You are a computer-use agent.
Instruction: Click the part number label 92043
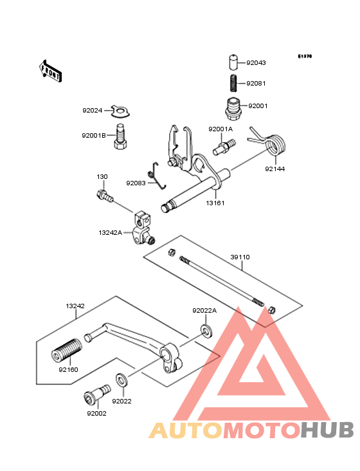click(256, 63)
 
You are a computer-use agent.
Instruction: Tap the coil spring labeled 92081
click(233, 83)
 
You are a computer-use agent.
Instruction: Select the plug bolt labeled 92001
click(233, 109)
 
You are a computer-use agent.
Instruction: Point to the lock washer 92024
click(120, 111)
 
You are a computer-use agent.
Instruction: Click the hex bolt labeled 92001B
click(121, 137)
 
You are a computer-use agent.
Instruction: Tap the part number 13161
click(215, 203)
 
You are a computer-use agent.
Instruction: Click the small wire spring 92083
click(157, 176)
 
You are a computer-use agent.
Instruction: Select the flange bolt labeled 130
click(105, 195)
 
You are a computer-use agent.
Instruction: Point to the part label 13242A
click(111, 232)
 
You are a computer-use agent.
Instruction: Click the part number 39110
click(240, 257)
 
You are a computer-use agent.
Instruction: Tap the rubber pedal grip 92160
click(67, 351)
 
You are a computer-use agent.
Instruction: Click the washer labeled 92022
click(122, 380)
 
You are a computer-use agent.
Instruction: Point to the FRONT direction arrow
click(50, 71)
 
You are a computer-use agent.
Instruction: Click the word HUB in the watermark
click(328, 430)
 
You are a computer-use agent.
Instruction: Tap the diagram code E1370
click(305, 56)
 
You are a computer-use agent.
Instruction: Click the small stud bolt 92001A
click(224, 147)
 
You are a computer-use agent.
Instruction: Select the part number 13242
click(75, 306)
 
